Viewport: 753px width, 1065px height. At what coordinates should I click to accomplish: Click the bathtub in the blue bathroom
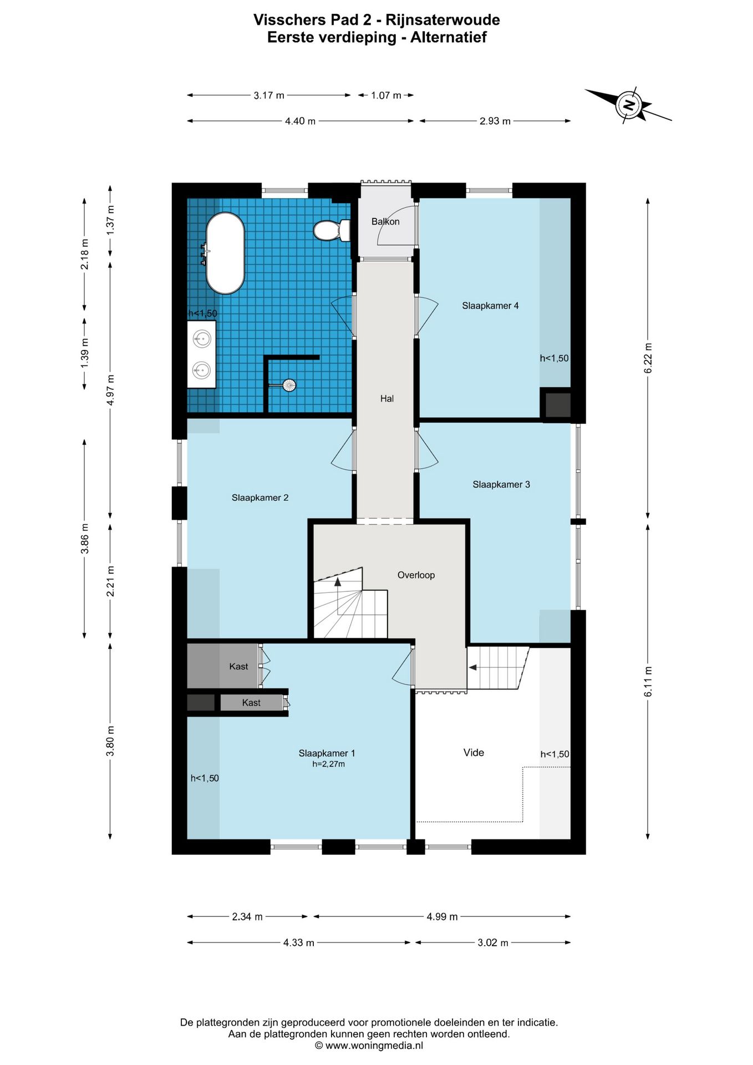[225, 253]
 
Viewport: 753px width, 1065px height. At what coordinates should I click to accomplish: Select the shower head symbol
[289, 385]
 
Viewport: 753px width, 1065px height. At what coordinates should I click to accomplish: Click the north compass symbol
[628, 105]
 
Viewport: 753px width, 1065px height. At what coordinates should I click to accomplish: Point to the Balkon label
[385, 221]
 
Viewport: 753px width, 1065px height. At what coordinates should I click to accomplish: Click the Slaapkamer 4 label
[490, 306]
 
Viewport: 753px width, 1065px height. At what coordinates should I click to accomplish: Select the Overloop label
[416, 575]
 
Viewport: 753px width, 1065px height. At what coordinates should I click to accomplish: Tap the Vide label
[474, 753]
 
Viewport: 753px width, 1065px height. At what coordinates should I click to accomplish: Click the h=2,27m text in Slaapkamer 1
[328, 764]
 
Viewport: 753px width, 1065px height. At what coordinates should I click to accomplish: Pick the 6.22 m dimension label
[648, 359]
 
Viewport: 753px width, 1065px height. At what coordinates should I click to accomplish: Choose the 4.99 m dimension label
[442, 917]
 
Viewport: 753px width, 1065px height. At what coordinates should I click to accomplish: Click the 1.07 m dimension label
[386, 95]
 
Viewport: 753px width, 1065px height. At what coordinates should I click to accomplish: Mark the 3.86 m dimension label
[85, 539]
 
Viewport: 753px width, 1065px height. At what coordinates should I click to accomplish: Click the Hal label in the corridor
[387, 398]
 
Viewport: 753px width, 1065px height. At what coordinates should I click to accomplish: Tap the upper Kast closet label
[238, 667]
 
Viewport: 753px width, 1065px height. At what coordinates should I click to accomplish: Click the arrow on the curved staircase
[337, 582]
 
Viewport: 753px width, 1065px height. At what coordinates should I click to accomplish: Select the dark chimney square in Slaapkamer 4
[557, 405]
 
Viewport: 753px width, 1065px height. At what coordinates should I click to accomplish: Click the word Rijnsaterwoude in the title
[442, 20]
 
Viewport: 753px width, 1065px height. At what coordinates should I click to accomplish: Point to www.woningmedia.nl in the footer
[374, 1046]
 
